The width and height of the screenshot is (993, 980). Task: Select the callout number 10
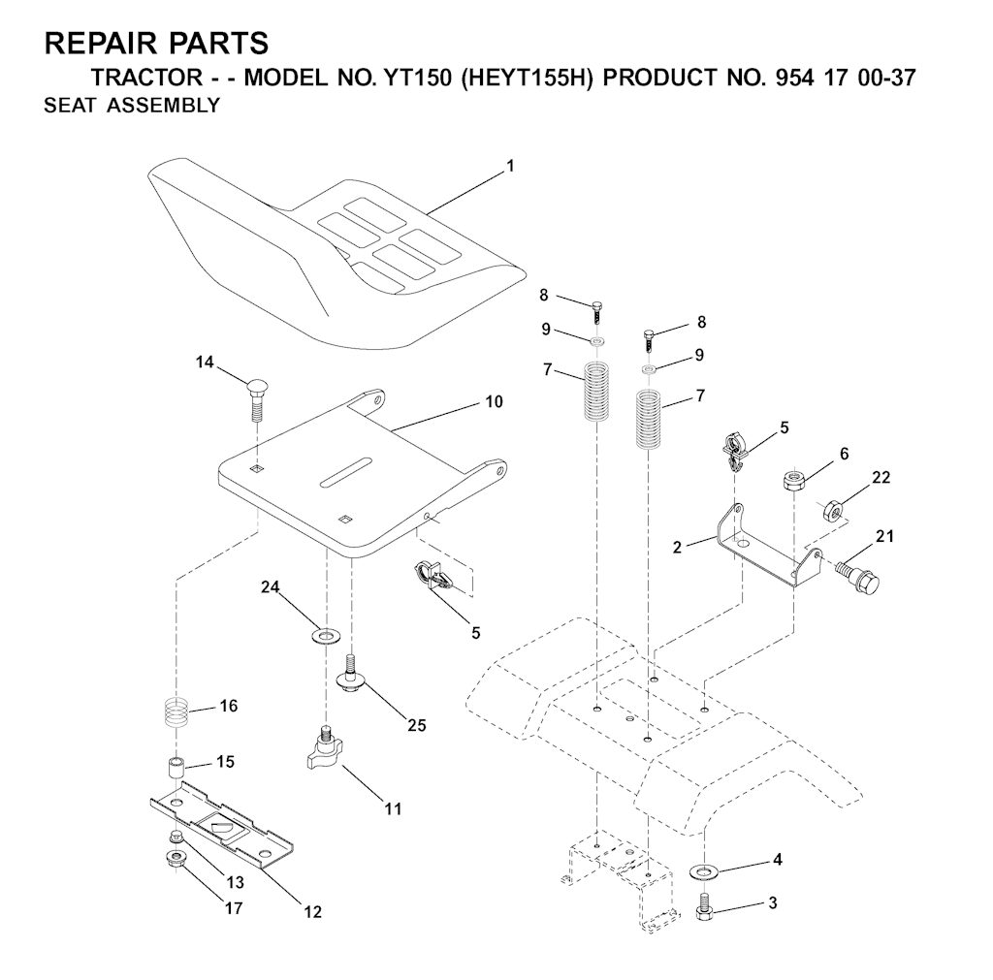point(494,401)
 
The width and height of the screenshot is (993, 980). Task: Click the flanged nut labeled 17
point(177,858)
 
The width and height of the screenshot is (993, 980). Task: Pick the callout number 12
point(311,912)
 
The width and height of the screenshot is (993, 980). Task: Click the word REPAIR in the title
point(101,44)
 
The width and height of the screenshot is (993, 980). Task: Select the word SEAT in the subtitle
point(71,106)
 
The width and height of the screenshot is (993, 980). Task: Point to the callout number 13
point(236,883)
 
